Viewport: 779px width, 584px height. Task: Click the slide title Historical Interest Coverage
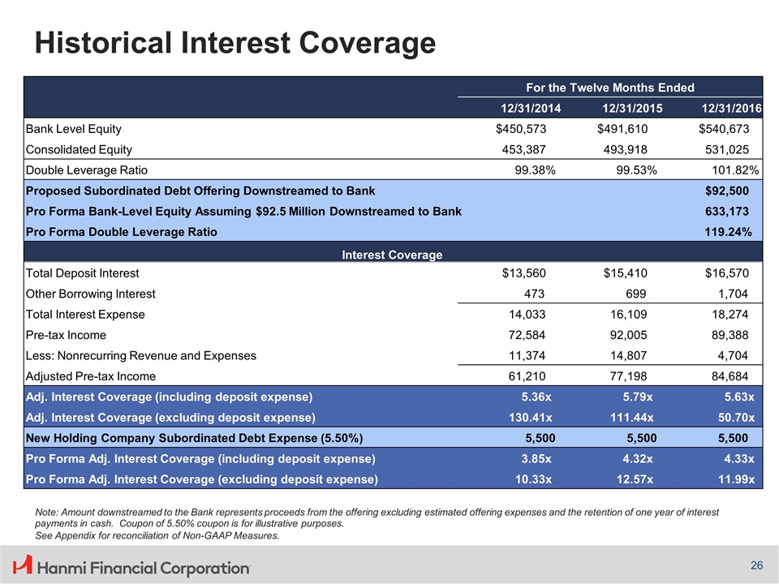click(234, 43)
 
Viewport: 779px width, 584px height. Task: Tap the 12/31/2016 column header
click(730, 108)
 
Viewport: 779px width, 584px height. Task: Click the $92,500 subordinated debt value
click(724, 191)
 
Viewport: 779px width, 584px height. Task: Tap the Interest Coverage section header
click(392, 255)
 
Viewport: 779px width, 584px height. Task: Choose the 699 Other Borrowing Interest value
click(635, 294)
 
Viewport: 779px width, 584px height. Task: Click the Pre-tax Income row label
click(66, 335)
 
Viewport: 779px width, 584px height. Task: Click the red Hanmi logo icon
click(24, 565)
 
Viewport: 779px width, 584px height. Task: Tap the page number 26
click(755, 565)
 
